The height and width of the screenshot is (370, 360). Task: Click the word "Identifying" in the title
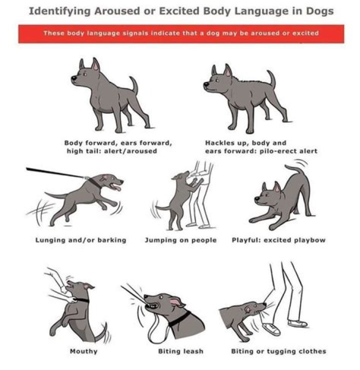click(x=59, y=11)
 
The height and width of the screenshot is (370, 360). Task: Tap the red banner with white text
click(x=181, y=34)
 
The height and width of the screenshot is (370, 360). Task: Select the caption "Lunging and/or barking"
click(x=81, y=240)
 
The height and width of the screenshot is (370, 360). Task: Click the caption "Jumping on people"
click(x=180, y=240)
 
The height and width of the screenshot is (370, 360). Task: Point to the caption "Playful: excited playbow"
click(x=278, y=240)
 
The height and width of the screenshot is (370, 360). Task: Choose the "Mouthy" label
click(x=84, y=352)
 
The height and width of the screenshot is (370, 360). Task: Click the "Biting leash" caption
click(x=180, y=352)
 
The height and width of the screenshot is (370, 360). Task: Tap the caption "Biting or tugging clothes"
click(x=278, y=352)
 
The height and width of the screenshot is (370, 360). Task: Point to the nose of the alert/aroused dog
click(x=73, y=77)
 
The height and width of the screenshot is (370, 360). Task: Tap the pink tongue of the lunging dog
click(x=117, y=188)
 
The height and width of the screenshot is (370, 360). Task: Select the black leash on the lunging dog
click(x=55, y=173)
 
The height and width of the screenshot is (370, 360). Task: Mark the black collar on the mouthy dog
click(x=81, y=301)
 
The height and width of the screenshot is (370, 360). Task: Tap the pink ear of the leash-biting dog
click(x=176, y=302)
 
